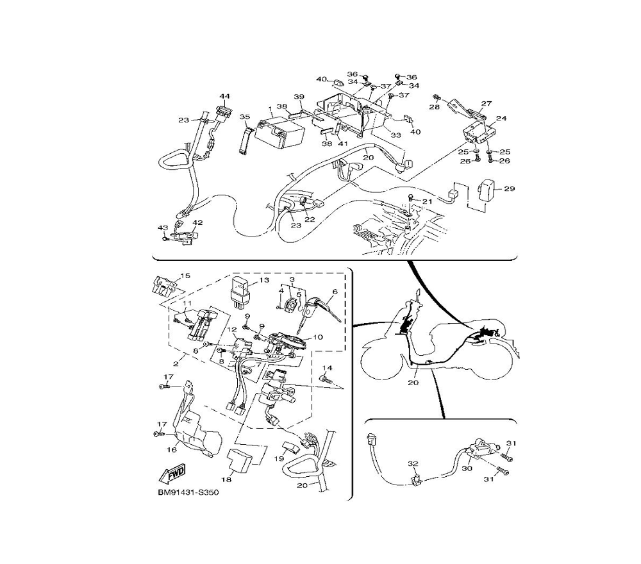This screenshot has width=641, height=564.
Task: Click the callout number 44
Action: pos(224,96)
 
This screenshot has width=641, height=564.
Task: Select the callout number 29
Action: pos(509,189)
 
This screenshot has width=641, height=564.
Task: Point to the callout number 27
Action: pos(486,103)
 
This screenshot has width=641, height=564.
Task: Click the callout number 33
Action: pos(395,135)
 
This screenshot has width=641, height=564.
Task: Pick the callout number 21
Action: pos(428,201)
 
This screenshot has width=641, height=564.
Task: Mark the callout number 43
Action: pos(162,228)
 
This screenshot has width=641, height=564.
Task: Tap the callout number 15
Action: pos(185,276)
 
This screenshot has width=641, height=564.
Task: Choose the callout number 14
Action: pos(328,368)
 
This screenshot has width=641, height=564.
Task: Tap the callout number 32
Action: pos(413,463)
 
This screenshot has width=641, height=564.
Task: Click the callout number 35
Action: pos(244,117)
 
